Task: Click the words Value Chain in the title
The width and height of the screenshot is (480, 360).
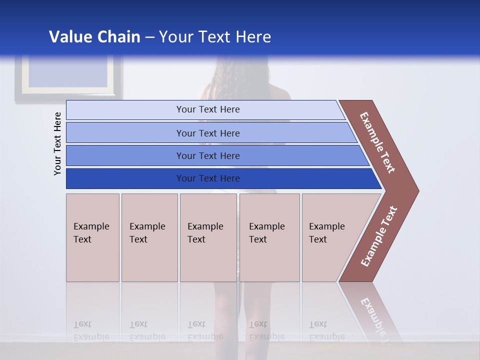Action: coord(94,37)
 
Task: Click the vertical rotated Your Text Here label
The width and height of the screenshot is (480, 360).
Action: coord(57,143)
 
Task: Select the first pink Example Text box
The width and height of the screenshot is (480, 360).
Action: coord(92,237)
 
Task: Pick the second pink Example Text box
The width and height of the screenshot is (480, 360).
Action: coord(149,237)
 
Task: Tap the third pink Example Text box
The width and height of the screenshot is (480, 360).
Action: coord(208,237)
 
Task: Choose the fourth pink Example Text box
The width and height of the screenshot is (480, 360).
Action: coord(269,237)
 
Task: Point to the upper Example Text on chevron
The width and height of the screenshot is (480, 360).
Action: coord(377,142)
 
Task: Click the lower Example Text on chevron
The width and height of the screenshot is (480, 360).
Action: coord(379,236)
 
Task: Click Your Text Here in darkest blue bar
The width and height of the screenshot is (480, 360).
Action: coord(208,178)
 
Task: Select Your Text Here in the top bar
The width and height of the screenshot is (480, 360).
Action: coord(208,109)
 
